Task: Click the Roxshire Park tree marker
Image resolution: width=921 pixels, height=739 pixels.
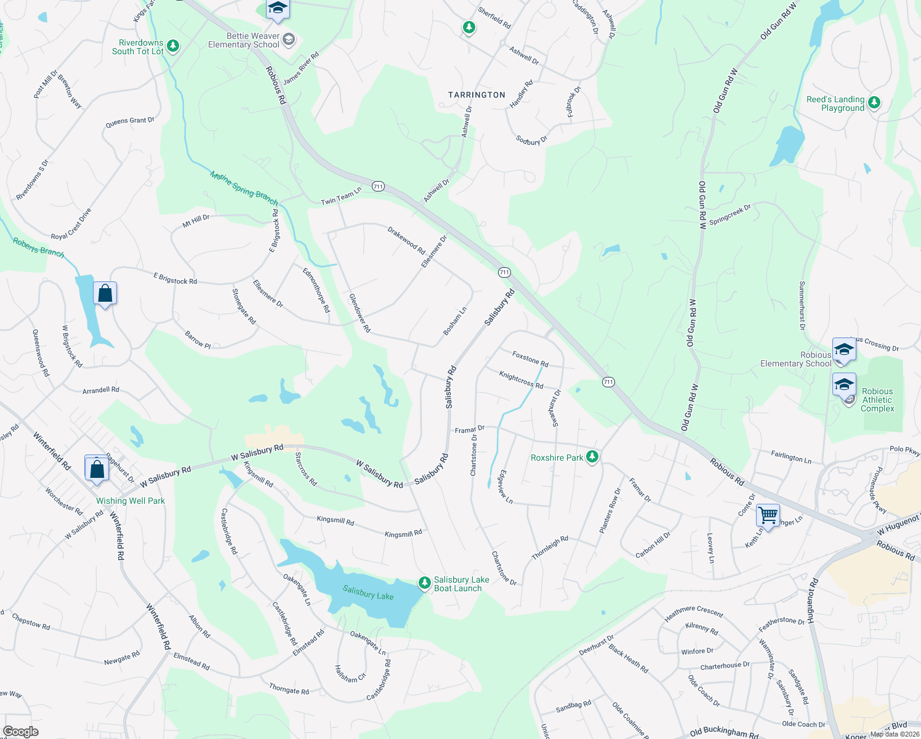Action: coord(592,457)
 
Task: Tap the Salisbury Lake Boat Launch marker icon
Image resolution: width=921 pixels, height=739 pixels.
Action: coord(424,583)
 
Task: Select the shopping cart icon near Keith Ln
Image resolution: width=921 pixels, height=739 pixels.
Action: coord(768,515)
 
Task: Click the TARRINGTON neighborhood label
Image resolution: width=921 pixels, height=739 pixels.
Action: coord(477,95)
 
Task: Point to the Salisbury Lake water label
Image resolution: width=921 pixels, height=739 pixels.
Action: coord(368,593)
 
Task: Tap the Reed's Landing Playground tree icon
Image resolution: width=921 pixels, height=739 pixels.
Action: coord(874,103)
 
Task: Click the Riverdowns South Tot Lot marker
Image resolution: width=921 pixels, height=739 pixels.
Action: coord(173,46)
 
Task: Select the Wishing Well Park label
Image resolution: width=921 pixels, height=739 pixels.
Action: coord(131,501)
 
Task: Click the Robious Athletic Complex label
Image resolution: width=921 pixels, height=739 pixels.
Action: coord(877,400)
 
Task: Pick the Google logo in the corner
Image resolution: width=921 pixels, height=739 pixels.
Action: coord(21,731)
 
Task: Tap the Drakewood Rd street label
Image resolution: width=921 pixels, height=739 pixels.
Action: coord(406,240)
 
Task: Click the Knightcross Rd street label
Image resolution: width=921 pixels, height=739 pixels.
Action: coord(521,379)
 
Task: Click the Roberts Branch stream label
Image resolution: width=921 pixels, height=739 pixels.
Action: coord(38,248)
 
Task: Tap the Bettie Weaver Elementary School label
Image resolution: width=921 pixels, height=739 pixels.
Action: coord(244,40)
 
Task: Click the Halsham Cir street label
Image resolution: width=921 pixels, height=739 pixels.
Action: coord(350,674)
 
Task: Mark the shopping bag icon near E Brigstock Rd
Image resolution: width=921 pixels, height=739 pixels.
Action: coord(105,293)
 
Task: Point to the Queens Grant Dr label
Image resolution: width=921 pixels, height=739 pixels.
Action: coord(130,121)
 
